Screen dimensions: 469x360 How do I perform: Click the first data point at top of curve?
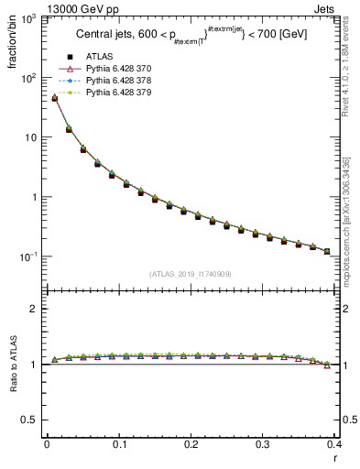[54, 98]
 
